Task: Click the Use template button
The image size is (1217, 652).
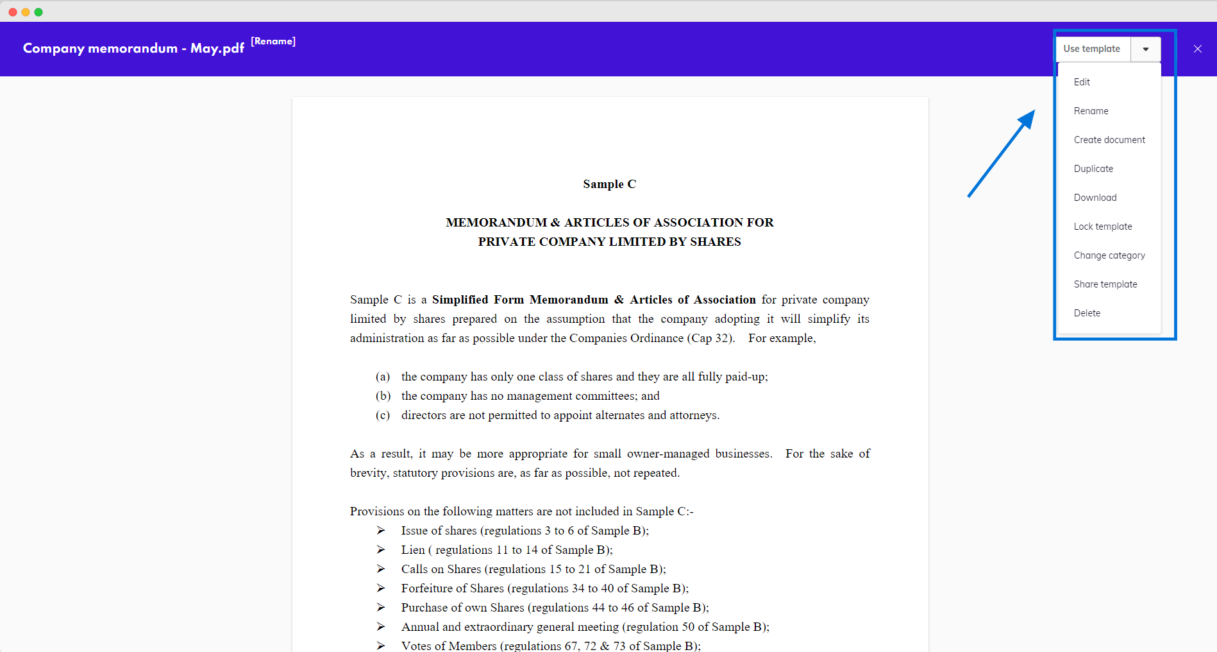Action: coord(1092,49)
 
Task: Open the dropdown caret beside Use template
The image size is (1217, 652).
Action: coord(1146,49)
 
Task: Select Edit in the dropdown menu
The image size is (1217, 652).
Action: coord(1082,82)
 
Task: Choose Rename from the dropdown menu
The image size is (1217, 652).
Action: coord(1091,111)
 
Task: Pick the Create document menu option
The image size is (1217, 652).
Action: coord(1109,140)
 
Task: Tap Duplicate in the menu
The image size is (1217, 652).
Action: coord(1093,169)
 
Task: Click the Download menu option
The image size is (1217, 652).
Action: coord(1095,198)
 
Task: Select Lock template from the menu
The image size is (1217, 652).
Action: coord(1103,227)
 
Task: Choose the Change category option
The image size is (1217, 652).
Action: coord(1109,255)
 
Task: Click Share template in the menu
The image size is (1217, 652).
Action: coord(1105,284)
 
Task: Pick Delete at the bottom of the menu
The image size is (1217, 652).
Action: coord(1087,313)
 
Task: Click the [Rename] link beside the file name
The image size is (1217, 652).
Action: coord(273,41)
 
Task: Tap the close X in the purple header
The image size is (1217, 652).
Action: coord(1197,49)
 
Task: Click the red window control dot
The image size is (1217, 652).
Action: coord(13,12)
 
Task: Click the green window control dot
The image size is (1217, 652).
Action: coord(38,12)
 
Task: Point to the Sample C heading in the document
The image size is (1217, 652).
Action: coord(609,184)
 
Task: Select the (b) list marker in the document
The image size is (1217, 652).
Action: coord(383,396)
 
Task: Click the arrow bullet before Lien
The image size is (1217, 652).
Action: coord(381,550)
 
